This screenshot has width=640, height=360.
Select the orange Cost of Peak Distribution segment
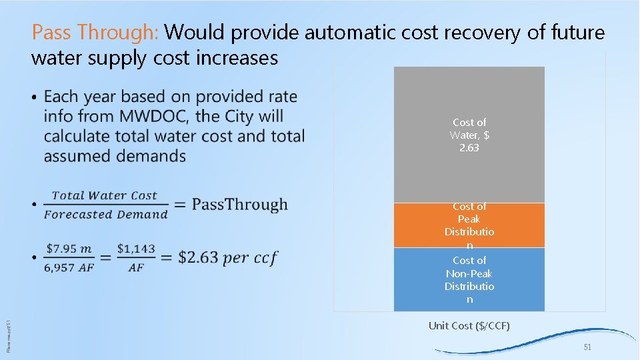pos(469,225)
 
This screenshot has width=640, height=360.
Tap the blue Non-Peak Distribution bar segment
pos(469,279)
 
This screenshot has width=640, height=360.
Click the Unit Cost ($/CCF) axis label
pos(469,325)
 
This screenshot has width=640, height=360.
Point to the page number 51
pos(587,348)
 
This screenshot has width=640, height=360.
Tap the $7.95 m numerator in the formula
pos(69,249)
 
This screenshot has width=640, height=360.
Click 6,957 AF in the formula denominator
pos(69,267)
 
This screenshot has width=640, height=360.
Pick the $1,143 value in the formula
pos(136,249)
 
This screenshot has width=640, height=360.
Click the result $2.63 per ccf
pos(227,257)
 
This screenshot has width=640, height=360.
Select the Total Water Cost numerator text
pos(105,195)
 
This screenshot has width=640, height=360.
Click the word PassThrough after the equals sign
pos(239,205)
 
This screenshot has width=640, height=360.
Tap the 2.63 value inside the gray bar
pos(469,148)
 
